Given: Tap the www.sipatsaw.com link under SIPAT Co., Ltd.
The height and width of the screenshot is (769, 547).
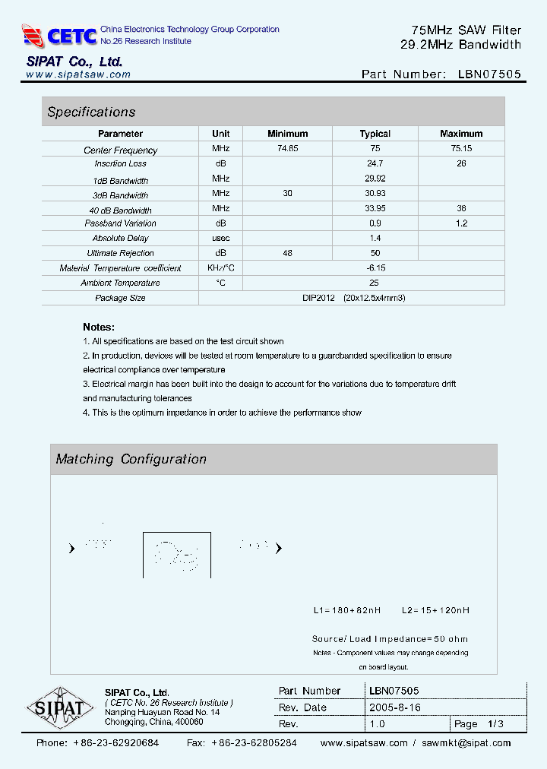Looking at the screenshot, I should point(77,74).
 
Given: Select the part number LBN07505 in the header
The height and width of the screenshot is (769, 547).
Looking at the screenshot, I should point(490,74).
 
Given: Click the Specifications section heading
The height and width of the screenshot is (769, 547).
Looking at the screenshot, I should point(91,112).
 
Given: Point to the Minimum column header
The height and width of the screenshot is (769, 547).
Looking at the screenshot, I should point(287,134).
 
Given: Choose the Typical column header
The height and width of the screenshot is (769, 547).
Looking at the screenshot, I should point(375,134).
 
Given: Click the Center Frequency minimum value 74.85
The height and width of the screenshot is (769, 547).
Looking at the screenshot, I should point(287,149).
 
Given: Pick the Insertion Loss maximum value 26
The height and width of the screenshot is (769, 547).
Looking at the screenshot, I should point(461,163).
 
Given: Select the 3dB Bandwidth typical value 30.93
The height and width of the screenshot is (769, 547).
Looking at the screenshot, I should point(375,194).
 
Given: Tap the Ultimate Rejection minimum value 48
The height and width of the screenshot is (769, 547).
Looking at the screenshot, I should point(287,253).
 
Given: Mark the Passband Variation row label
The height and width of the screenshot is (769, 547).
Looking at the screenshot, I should point(120,223).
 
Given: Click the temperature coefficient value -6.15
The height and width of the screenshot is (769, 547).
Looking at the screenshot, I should point(375,268).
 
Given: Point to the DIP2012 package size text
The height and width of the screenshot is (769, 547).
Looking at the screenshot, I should point(354,298).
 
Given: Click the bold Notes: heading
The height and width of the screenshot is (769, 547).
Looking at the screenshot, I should point(99,327).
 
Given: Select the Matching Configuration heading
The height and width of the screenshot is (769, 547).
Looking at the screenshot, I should point(131,459).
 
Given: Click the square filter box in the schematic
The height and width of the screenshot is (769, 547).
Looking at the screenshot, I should point(176,555).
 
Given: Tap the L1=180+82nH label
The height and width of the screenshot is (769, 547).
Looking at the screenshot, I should point(347,610).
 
